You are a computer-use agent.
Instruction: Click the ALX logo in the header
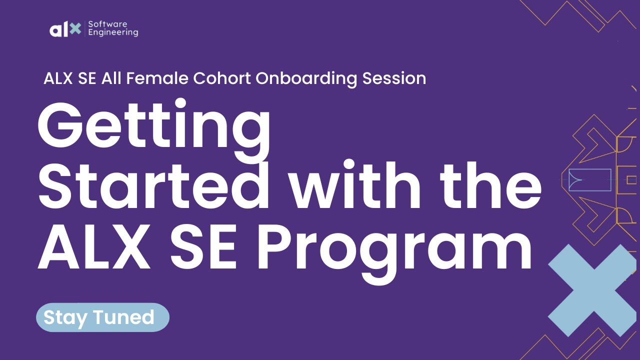coord(65,29)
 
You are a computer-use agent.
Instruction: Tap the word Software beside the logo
coord(107,24)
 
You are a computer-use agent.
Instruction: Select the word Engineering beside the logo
coord(113,33)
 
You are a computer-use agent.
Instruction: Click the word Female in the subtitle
coord(155,78)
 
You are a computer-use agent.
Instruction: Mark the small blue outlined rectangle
coord(590,180)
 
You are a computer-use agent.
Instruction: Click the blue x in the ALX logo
coord(75,29)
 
